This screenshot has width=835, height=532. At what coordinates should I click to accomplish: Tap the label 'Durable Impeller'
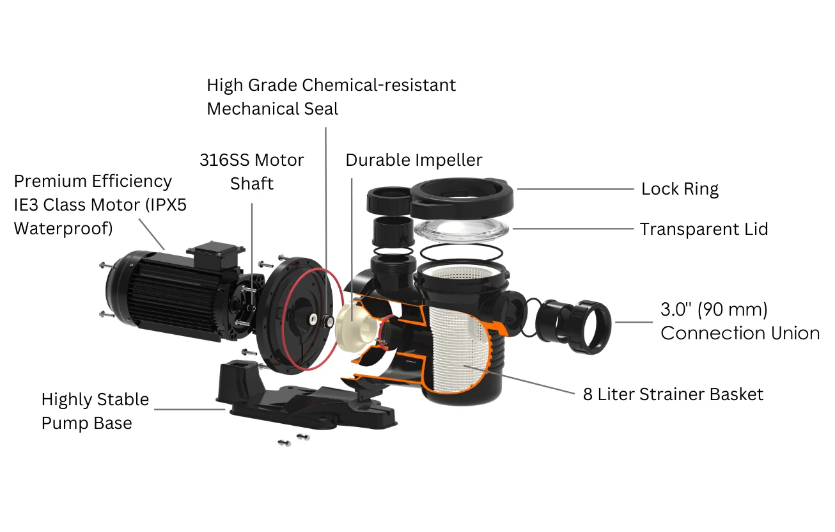(x=414, y=159)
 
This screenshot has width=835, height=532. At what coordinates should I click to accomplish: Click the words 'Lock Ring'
(x=680, y=189)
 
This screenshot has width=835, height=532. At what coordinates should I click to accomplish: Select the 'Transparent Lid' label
(x=704, y=229)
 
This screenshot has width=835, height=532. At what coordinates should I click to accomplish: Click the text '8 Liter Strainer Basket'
(x=673, y=394)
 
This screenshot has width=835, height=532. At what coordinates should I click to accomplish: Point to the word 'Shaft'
(x=252, y=184)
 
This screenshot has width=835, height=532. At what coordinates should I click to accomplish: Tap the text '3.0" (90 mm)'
(x=714, y=309)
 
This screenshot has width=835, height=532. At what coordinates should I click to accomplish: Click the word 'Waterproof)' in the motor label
(x=63, y=229)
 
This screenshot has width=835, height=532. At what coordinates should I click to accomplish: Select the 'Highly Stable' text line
(x=95, y=399)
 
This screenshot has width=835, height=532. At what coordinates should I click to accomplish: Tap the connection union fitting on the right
(x=575, y=320)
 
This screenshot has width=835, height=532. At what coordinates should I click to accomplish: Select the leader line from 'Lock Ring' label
(x=575, y=189)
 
